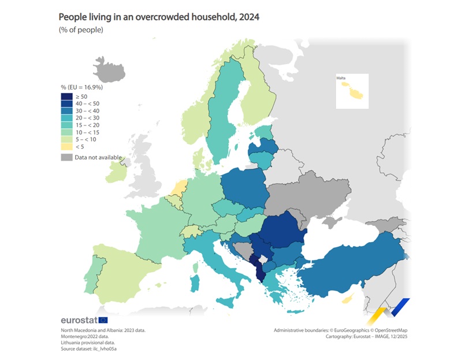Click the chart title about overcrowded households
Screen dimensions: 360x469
tap(159, 17)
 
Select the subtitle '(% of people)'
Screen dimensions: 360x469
tap(81, 30)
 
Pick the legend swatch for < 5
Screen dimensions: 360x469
tap(65, 146)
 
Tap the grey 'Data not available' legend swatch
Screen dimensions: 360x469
tap(65, 157)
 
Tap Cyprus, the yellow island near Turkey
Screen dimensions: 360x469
tap(347, 299)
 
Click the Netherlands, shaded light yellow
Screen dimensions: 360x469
tap(180, 187)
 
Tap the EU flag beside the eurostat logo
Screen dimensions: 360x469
tap(103, 320)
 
